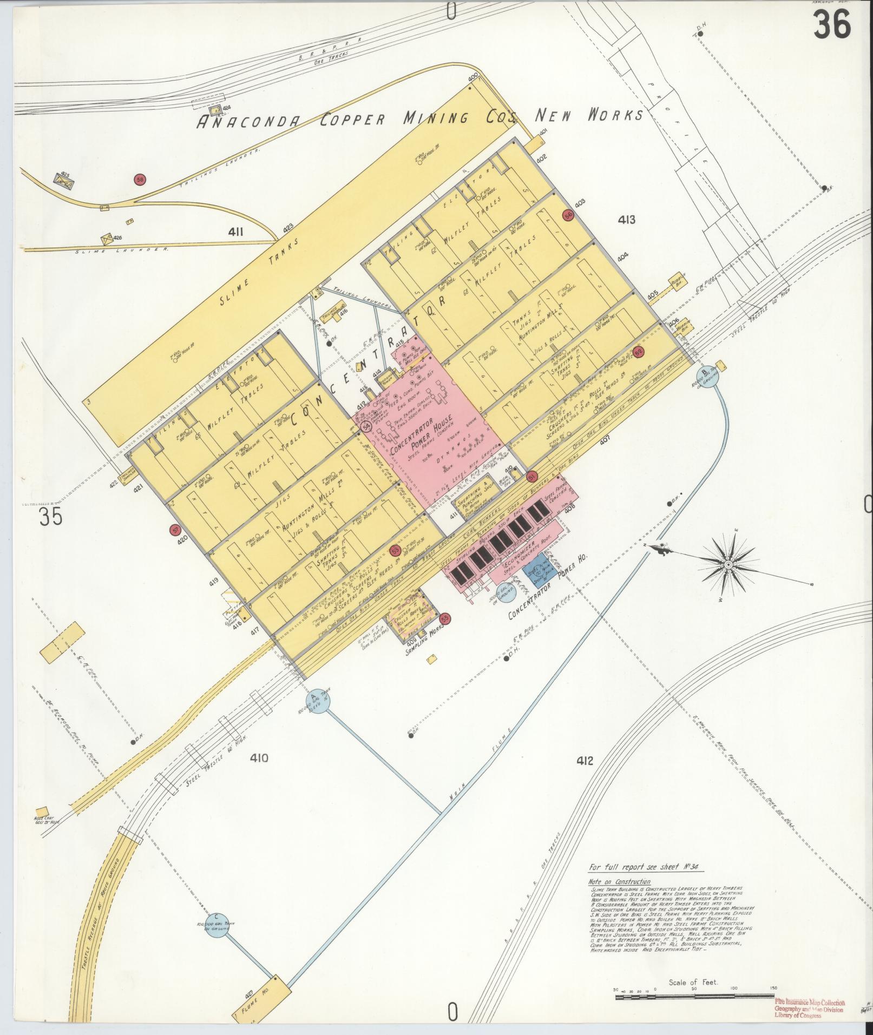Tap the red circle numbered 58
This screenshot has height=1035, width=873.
[140, 179]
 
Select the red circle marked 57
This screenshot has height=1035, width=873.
[174, 530]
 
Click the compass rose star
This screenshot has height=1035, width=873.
[727, 565]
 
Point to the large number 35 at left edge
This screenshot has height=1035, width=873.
[51, 518]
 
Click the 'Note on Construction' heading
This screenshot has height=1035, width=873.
[612, 882]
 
